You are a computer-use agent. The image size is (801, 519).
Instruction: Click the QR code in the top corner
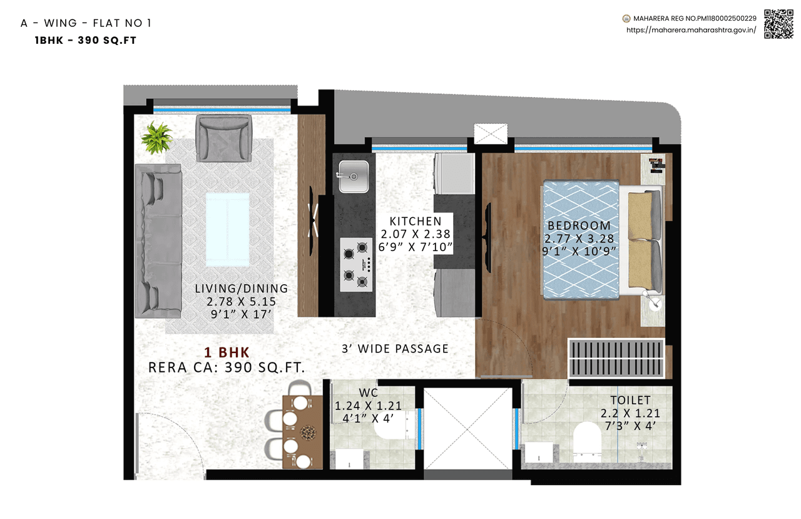point(778,24)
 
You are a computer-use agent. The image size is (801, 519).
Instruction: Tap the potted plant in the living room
point(156,137)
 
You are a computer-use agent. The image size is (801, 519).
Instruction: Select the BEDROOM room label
point(579,226)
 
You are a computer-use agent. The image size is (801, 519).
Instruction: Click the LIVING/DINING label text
point(241,289)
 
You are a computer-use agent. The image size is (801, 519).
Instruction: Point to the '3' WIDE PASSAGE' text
point(395,349)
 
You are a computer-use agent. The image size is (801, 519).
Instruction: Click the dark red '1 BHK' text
point(227,352)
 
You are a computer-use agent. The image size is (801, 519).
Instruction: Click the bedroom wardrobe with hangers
point(616,358)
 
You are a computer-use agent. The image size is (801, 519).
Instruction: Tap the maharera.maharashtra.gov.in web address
point(691,30)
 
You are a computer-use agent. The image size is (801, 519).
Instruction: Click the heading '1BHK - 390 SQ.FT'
point(86,40)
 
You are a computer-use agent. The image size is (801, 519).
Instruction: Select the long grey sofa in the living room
point(158,240)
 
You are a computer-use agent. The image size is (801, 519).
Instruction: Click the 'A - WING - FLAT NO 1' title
point(86,24)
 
